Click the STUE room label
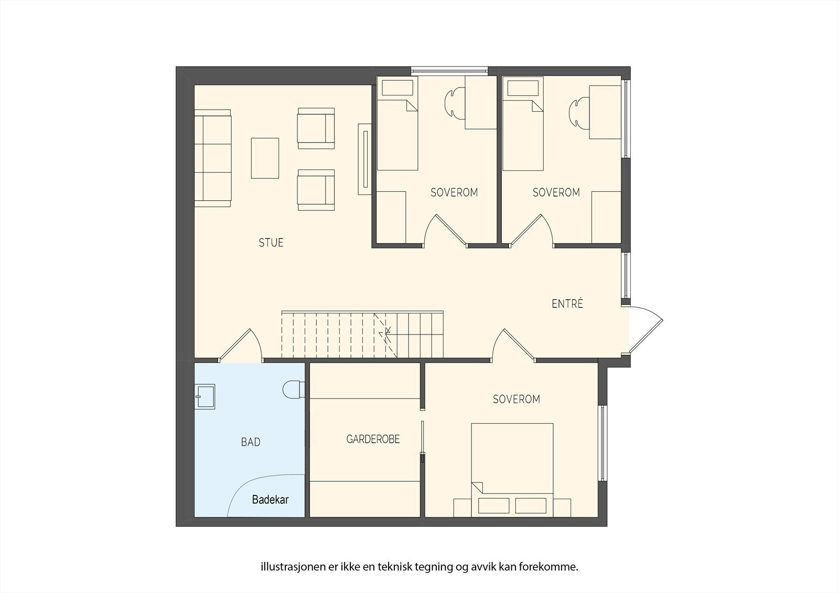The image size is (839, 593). pyautogui.click(x=271, y=243)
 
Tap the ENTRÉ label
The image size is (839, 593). pyautogui.click(x=567, y=304)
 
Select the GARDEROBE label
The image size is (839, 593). pyautogui.click(x=373, y=439)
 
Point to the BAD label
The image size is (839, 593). pyautogui.click(x=251, y=443)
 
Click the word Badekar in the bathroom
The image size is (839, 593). pyautogui.click(x=270, y=500)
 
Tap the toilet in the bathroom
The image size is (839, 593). pyautogui.click(x=294, y=390)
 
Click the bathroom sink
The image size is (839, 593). pyautogui.click(x=205, y=396)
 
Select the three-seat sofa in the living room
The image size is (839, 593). pyautogui.click(x=213, y=158)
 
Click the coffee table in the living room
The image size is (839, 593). pyautogui.click(x=265, y=158)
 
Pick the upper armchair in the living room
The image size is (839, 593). pyautogui.click(x=316, y=128)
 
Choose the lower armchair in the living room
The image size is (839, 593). pyautogui.click(x=316, y=190)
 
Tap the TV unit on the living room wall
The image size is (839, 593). pyautogui.click(x=364, y=159)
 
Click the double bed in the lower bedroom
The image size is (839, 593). pyautogui.click(x=512, y=470)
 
